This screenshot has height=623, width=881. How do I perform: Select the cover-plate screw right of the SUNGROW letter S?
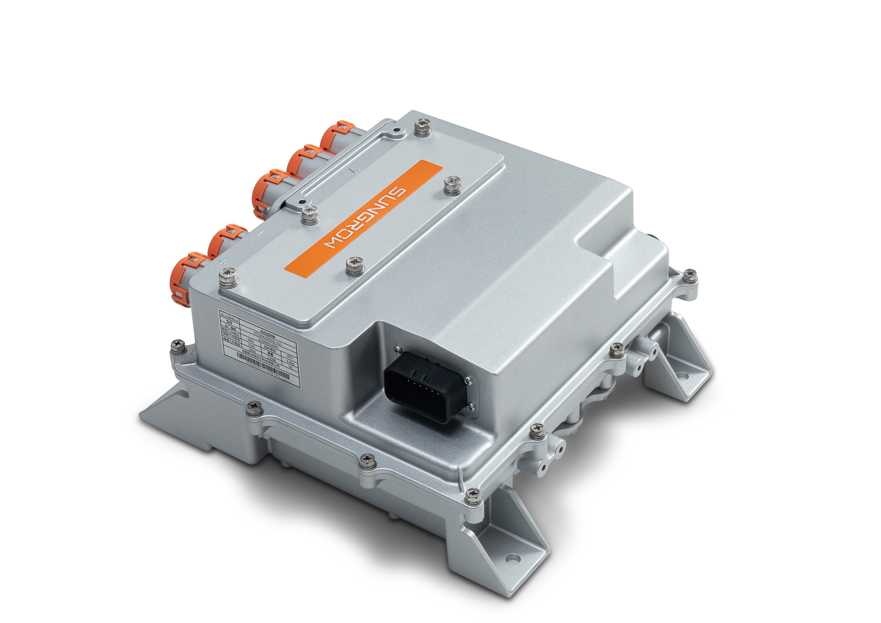453,186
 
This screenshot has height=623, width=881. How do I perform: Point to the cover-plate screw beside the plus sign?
229,278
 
